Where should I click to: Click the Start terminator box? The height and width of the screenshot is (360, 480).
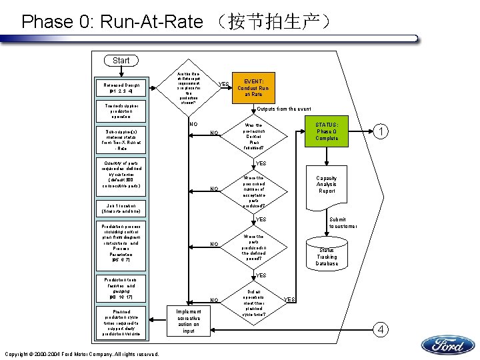(121, 61)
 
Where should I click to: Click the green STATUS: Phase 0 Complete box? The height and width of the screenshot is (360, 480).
(327, 131)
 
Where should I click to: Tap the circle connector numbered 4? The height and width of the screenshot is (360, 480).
(380, 329)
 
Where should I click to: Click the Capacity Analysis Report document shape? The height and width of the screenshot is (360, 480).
(327, 185)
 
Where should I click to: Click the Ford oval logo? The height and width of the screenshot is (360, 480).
(447, 345)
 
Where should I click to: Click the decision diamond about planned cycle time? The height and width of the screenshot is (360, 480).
(253, 303)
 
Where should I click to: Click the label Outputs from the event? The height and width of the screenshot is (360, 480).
(289, 109)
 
